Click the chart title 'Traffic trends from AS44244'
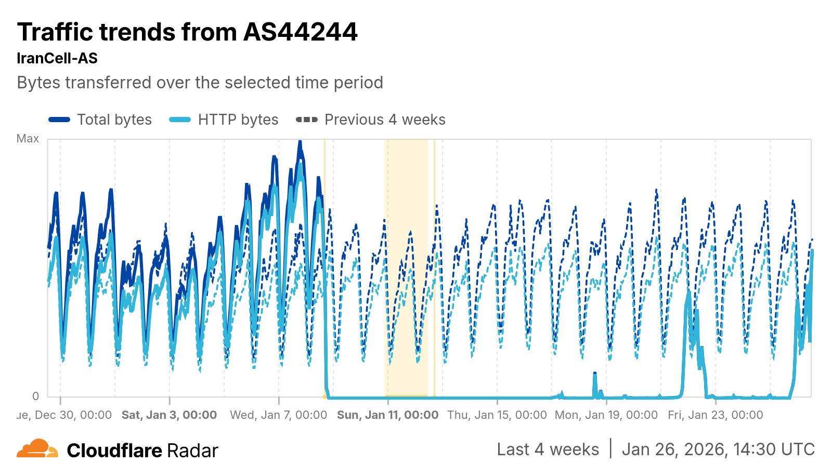(187, 32)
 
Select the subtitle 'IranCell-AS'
(57, 58)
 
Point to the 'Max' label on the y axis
(28, 138)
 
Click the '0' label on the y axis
(35, 396)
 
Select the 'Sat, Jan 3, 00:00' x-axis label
(169, 415)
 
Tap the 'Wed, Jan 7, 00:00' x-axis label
(279, 415)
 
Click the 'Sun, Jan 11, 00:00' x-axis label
(388, 415)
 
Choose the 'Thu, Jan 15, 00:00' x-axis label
(497, 415)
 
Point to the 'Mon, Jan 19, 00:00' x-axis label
(606, 415)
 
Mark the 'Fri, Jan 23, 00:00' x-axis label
(716, 415)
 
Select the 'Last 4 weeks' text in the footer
(548, 450)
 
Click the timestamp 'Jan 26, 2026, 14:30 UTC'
(718, 450)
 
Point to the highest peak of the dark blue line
(300, 141)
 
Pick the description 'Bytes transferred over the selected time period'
(200, 83)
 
